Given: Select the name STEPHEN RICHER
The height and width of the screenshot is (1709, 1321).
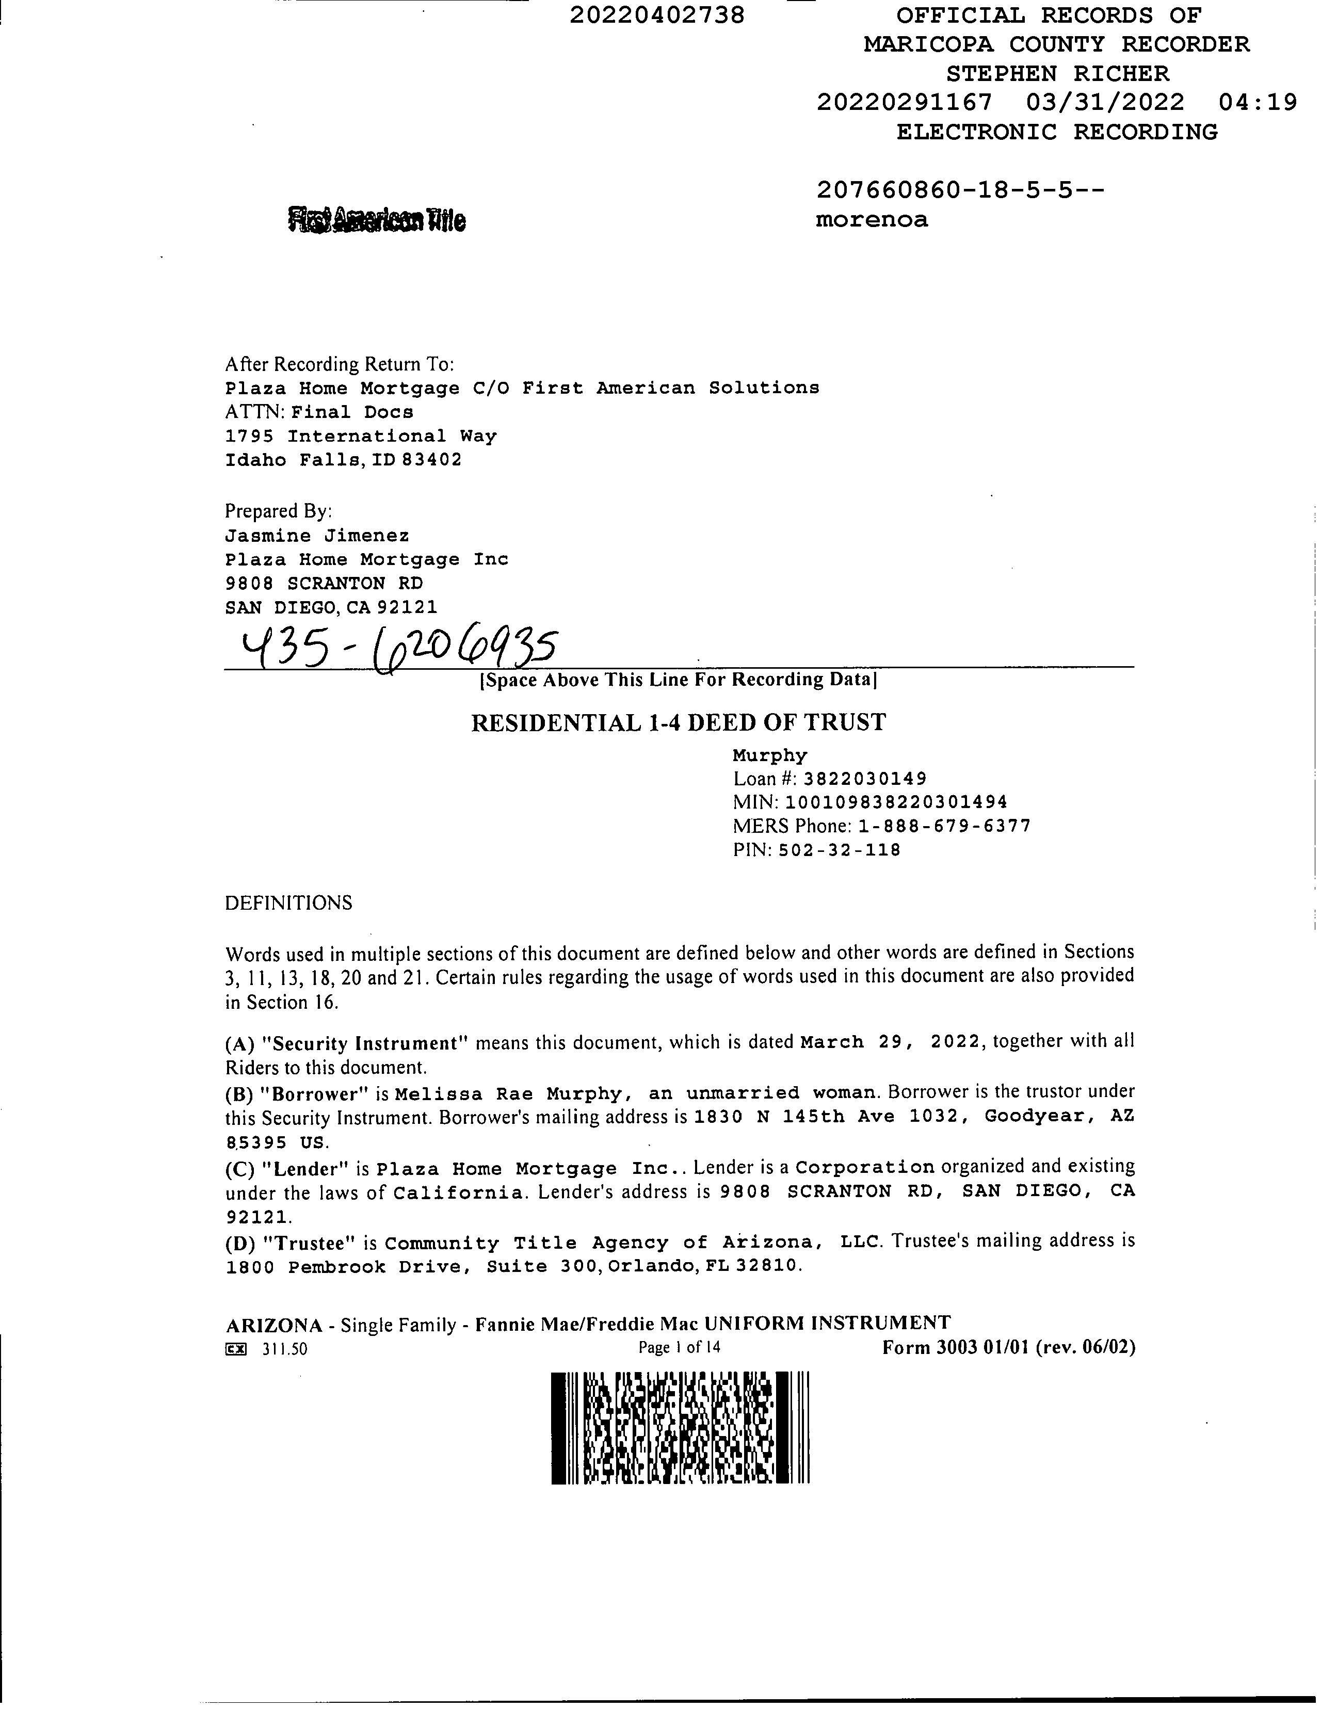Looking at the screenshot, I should coord(1057,74).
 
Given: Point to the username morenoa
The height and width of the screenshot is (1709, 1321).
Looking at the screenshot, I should coord(872,219).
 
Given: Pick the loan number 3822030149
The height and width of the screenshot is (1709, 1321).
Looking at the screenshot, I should coord(865,779).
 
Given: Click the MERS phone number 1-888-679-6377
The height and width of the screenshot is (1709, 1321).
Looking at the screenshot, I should coord(945,826).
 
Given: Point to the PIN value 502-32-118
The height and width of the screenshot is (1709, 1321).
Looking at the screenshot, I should coord(839,850).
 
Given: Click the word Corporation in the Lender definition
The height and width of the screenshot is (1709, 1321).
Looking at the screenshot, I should coord(865,1168).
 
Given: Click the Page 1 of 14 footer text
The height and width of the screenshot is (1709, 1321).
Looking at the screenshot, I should coord(679,1347).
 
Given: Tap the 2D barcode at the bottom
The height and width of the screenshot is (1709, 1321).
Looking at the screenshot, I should coord(679,1428).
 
